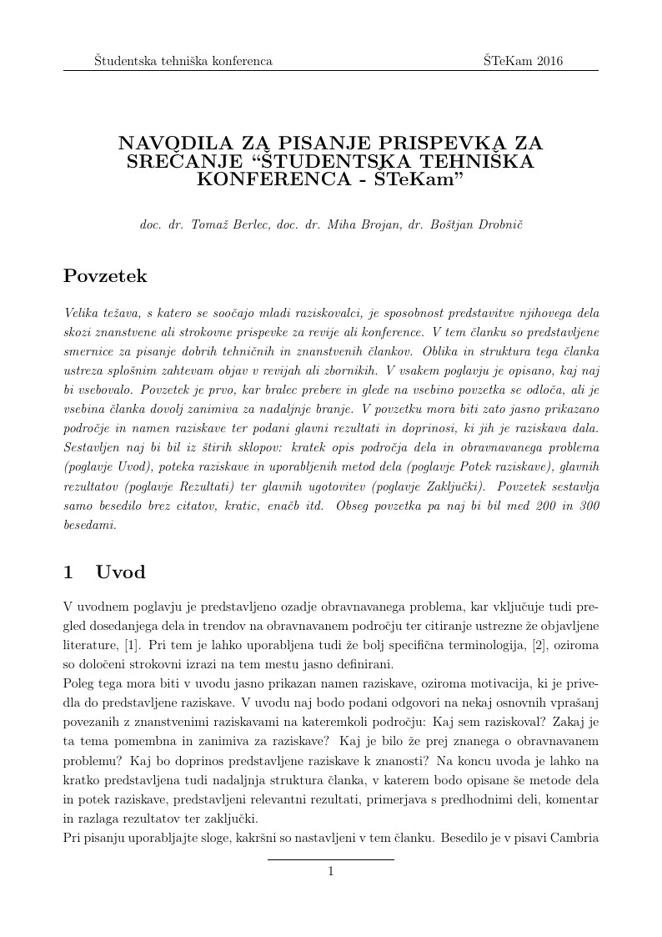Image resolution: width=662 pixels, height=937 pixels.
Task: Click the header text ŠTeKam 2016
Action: point(523,61)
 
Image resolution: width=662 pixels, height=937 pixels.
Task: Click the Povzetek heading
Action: point(105,275)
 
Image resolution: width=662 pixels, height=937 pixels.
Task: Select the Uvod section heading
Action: point(120,572)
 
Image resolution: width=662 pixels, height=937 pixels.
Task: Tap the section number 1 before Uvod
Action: point(68,572)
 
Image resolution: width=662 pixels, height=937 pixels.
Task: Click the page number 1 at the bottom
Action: point(331,872)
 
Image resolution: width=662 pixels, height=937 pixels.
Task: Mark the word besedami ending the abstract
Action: point(89,526)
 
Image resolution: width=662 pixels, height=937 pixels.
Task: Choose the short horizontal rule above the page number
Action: point(331,859)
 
